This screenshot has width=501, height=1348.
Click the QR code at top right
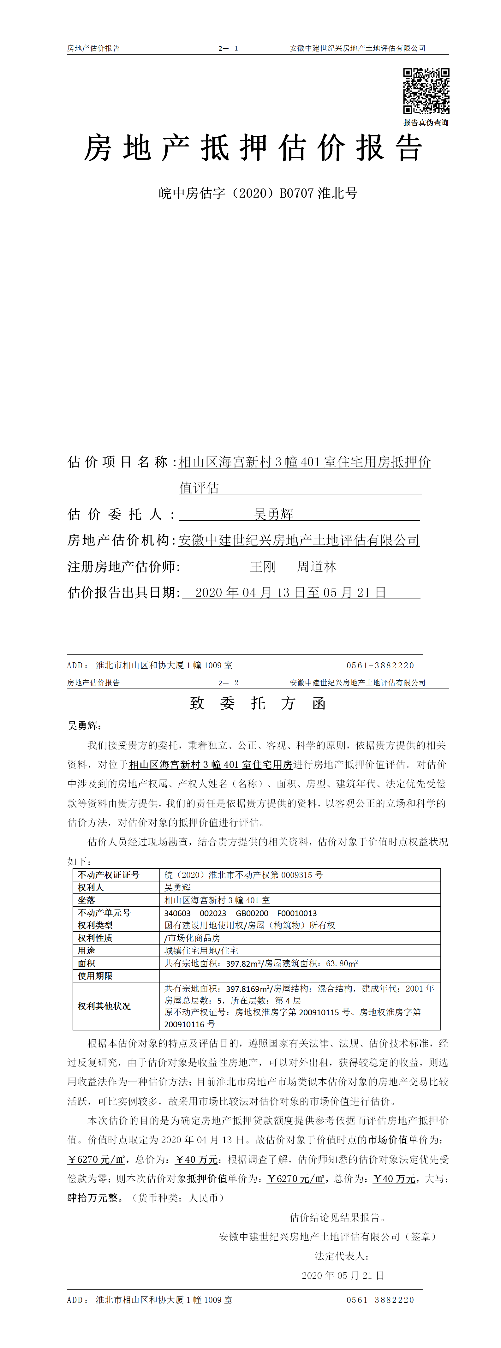click(426, 91)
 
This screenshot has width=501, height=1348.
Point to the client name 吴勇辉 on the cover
click(273, 514)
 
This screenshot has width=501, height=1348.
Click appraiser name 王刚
click(263, 567)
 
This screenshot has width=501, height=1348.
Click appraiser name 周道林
click(316, 567)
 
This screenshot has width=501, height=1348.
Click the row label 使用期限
click(95, 976)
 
